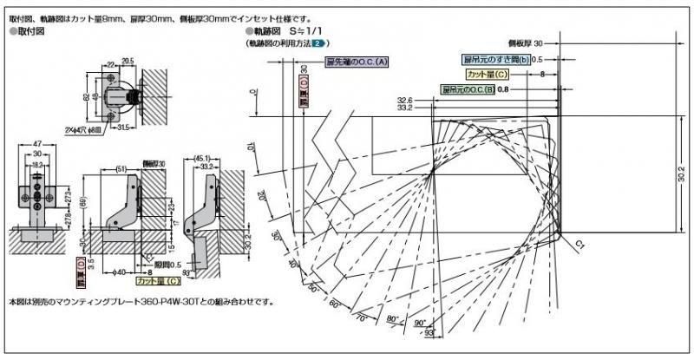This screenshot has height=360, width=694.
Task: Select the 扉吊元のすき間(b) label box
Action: click(494, 59)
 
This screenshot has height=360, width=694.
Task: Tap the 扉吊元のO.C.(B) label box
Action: click(468, 89)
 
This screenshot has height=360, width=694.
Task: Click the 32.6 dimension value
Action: click(405, 101)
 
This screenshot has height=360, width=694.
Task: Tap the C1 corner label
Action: click(579, 246)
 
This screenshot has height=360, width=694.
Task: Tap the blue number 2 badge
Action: click(319, 43)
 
